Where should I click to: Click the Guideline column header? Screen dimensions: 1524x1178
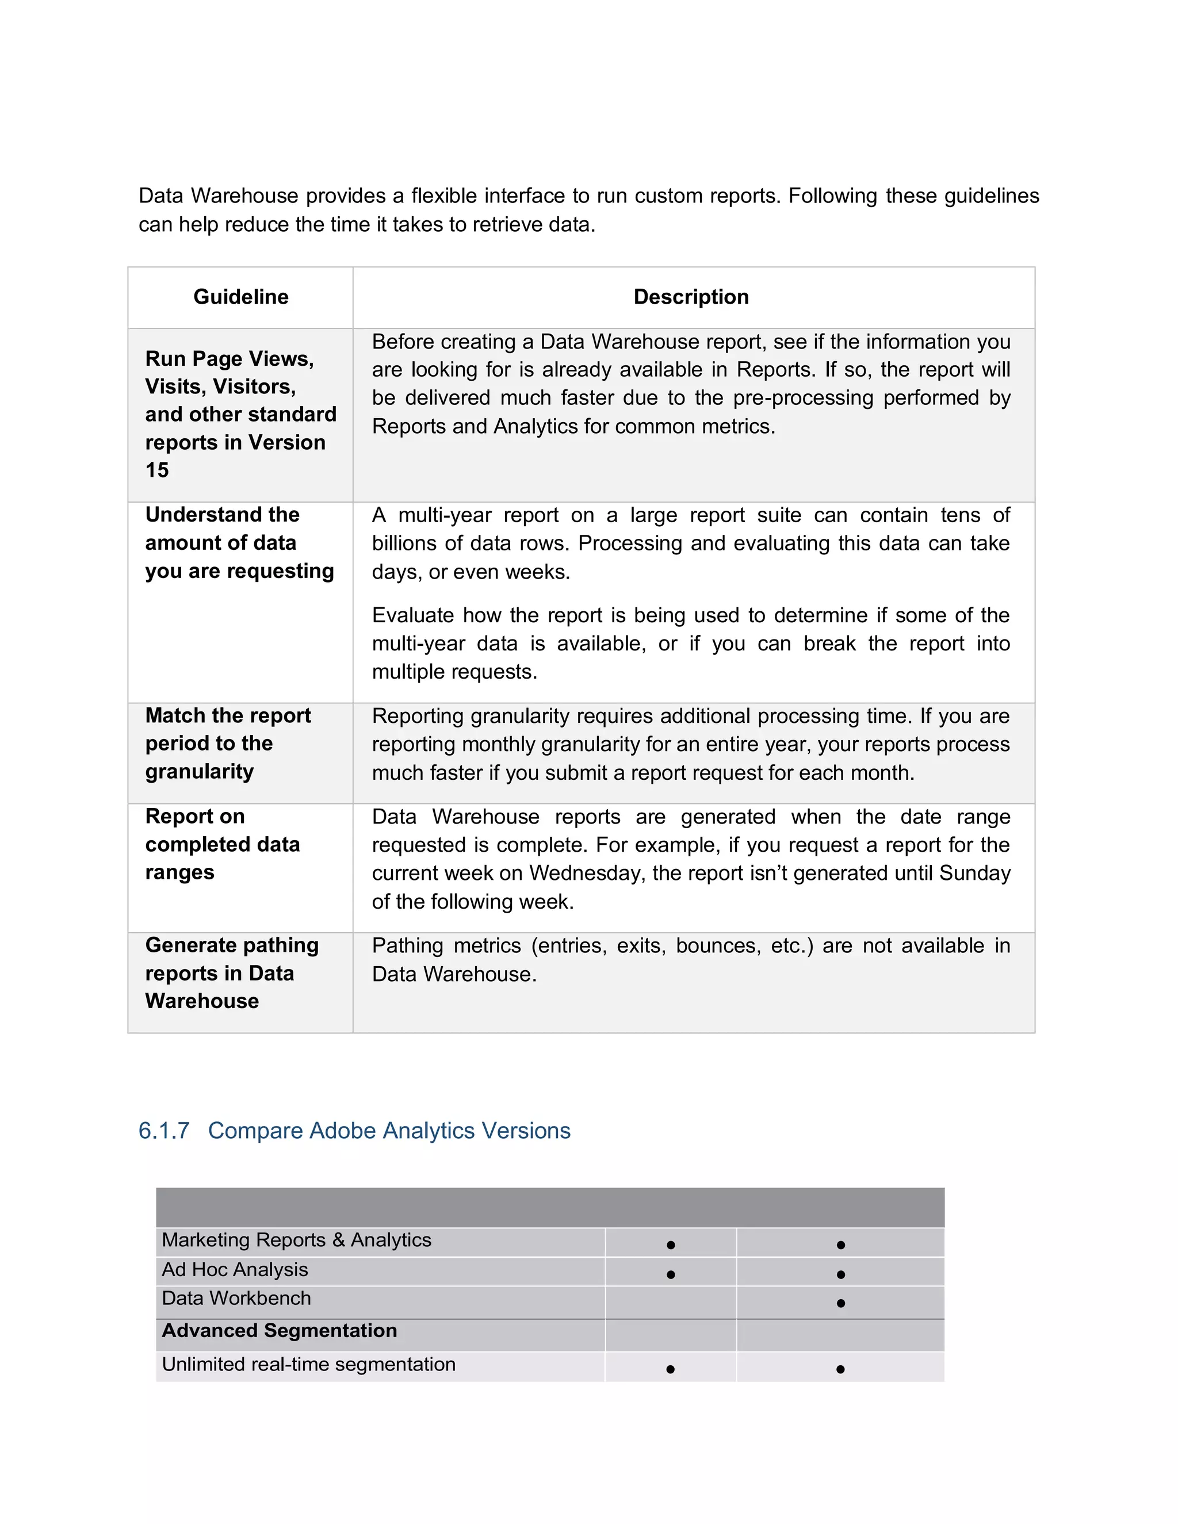(x=241, y=297)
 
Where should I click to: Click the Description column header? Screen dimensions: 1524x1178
(x=691, y=297)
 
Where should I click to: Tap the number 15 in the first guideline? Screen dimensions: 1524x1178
(x=157, y=470)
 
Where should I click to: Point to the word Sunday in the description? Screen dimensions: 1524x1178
(x=975, y=874)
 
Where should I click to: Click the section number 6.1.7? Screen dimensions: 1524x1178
(x=164, y=1131)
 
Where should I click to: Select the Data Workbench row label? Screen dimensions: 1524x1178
(x=236, y=1299)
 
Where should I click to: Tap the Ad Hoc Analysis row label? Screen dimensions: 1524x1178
(x=235, y=1270)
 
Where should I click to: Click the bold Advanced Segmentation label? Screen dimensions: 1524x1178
(x=279, y=1331)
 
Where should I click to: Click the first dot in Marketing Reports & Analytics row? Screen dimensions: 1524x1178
(x=671, y=1246)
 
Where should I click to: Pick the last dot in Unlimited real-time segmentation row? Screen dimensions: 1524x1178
(x=840, y=1370)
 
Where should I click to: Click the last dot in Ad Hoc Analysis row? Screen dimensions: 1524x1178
(x=840, y=1275)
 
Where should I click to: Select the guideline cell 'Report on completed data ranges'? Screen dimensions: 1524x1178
(x=222, y=845)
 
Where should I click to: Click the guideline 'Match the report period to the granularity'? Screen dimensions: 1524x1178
(x=228, y=744)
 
